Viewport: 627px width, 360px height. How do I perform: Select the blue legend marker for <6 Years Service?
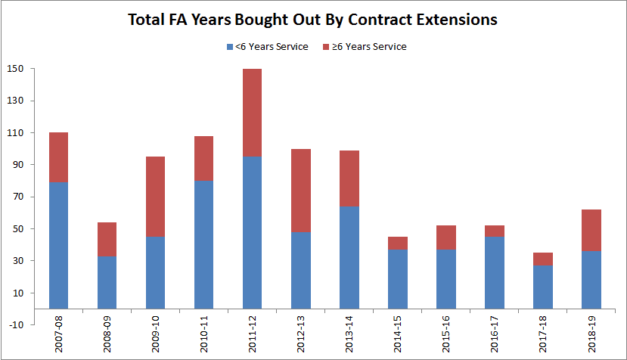230,47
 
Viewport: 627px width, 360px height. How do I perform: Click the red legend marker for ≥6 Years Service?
327,47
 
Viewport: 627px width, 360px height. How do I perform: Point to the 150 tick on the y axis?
17,69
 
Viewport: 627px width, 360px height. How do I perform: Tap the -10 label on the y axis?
17,325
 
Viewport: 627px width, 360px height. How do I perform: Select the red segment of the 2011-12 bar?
253,113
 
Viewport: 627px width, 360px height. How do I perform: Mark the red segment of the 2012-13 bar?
302,191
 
